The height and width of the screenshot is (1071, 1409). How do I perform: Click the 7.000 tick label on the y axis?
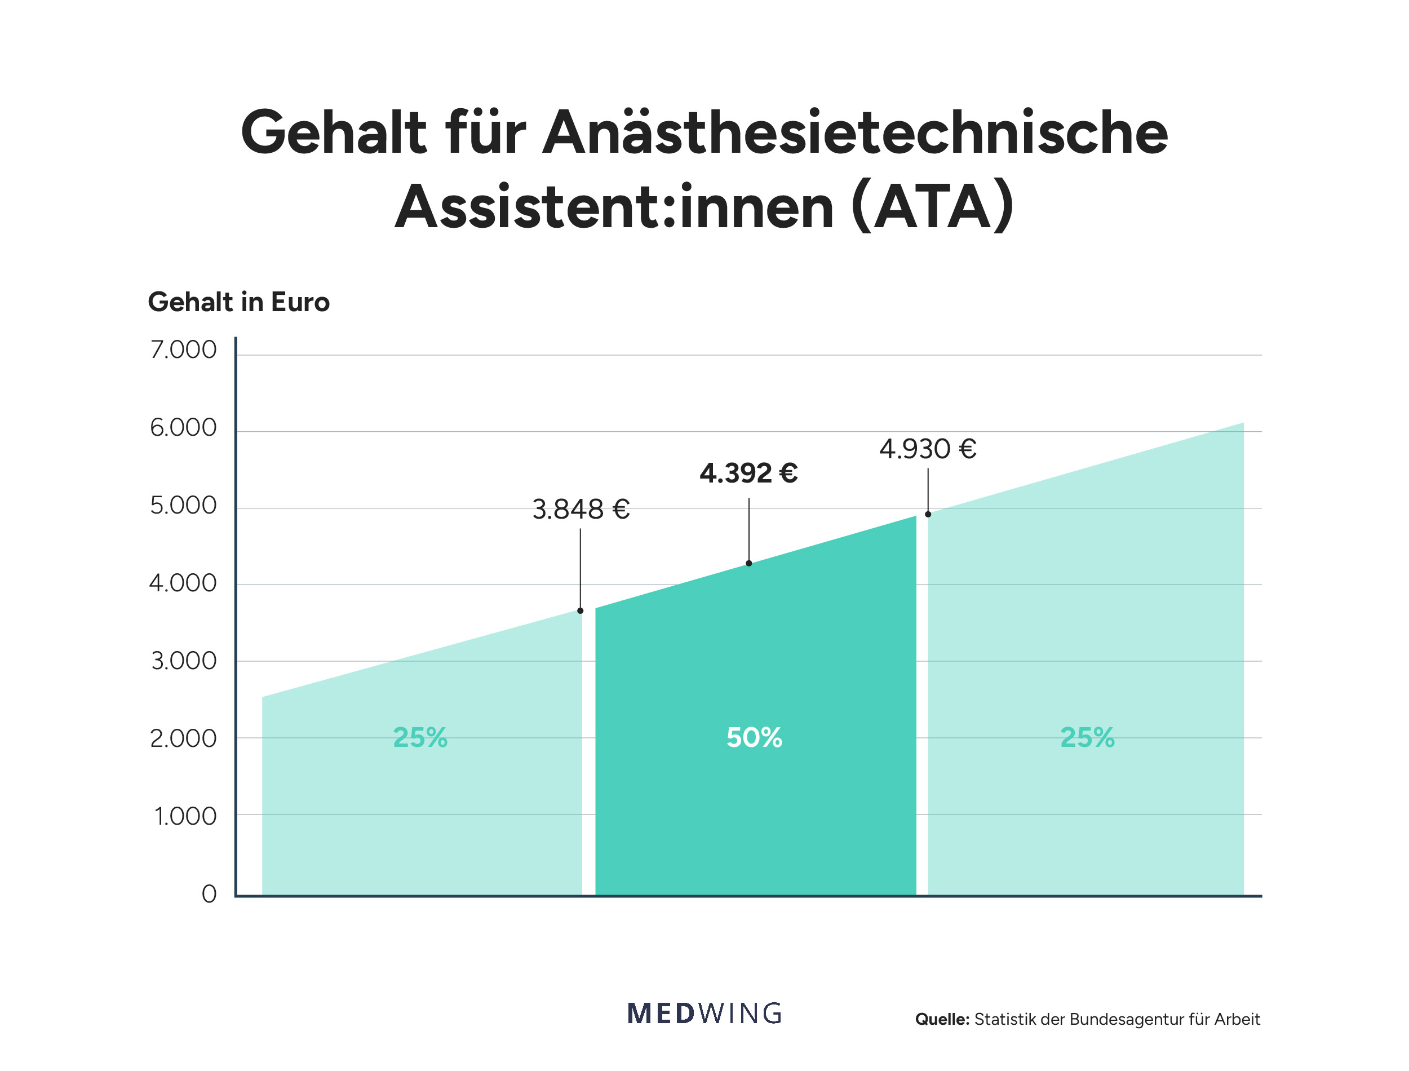click(x=183, y=350)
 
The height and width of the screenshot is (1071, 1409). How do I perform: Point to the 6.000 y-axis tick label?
click(x=183, y=428)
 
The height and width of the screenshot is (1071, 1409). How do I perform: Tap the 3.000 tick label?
click(x=184, y=661)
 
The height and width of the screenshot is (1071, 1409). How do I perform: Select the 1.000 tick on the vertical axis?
click(x=185, y=817)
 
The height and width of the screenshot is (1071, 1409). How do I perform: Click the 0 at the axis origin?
click(x=209, y=895)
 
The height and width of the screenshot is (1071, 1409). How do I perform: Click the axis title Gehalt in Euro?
click(x=238, y=302)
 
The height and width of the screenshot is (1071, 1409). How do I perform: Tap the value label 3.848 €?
click(x=581, y=510)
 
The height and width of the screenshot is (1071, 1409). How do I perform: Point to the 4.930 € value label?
click(x=927, y=449)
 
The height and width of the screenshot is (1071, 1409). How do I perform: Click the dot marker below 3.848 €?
click(x=580, y=610)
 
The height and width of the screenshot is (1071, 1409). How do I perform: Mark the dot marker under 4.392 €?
click(x=749, y=564)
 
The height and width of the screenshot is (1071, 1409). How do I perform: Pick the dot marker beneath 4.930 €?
click(x=928, y=515)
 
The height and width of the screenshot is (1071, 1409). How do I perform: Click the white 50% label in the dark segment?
click(x=754, y=738)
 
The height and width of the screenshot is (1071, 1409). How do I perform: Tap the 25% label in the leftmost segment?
click(x=420, y=738)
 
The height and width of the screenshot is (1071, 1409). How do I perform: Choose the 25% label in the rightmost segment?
click(x=1087, y=738)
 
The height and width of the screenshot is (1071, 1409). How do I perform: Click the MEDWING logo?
click(x=704, y=1014)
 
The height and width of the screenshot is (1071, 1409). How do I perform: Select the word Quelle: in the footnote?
click(x=942, y=1019)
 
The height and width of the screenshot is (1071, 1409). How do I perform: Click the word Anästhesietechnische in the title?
click(x=854, y=132)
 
